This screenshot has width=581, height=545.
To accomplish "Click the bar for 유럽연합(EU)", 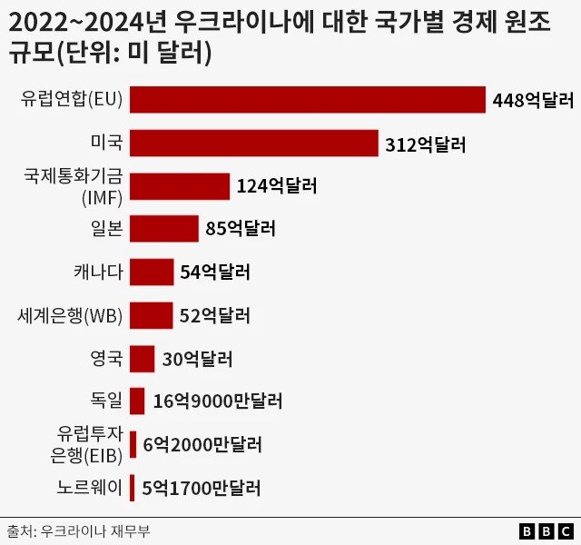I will coord(308,100).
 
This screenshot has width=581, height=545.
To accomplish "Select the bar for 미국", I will coord(254,144).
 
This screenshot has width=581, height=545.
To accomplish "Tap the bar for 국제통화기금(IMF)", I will coord(180,186).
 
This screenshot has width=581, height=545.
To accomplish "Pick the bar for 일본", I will coord(164,229).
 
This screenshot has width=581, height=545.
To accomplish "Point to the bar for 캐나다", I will coord(152,272).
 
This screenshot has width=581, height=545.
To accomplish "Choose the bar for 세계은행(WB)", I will coord(152,315).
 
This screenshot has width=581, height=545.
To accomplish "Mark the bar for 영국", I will coord(143,358).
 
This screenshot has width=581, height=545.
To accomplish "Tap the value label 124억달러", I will coord(277,186).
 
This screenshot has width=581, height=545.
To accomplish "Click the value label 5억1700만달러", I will coord(202,488).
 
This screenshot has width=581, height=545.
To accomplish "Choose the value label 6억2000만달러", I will coord(202,445).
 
